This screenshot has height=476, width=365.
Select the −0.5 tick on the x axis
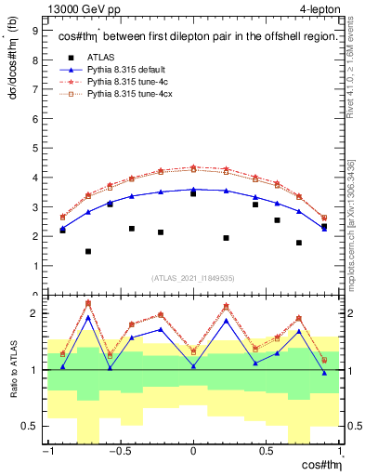pos(120,453)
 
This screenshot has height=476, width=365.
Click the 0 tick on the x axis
pos(193,453)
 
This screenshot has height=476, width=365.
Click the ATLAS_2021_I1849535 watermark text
pos(193,278)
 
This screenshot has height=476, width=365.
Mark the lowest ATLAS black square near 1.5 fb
pos(88,251)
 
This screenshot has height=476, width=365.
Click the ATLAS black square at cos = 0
pos(193,193)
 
